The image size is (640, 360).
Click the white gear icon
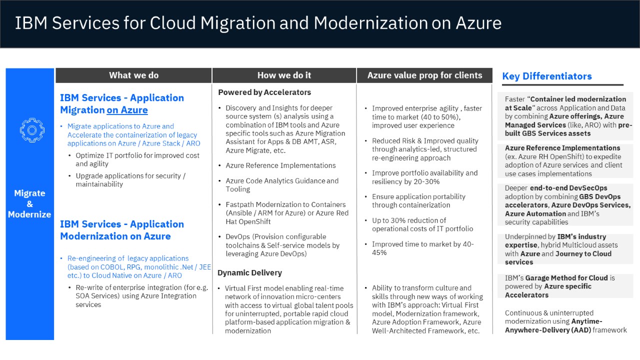pos(32,130)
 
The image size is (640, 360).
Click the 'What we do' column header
pos(133,75)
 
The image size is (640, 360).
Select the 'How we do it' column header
pos(284,75)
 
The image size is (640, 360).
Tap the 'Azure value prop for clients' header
pos(424,75)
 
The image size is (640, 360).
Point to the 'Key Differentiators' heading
pos(547,76)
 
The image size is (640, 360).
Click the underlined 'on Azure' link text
pos(127,110)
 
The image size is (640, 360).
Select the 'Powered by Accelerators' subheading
pos(264,92)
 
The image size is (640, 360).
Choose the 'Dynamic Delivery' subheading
pos(249,272)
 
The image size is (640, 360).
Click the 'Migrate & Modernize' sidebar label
pos(29,203)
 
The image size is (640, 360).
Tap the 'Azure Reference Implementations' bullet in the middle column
pos(280,165)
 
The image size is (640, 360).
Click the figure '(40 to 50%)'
pos(440,117)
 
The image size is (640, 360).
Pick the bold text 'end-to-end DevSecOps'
pos(568,188)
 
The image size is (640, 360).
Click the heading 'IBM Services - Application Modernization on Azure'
pos(122,230)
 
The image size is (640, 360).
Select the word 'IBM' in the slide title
pos(31,23)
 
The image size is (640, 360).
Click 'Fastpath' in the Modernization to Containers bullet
pos(239,204)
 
